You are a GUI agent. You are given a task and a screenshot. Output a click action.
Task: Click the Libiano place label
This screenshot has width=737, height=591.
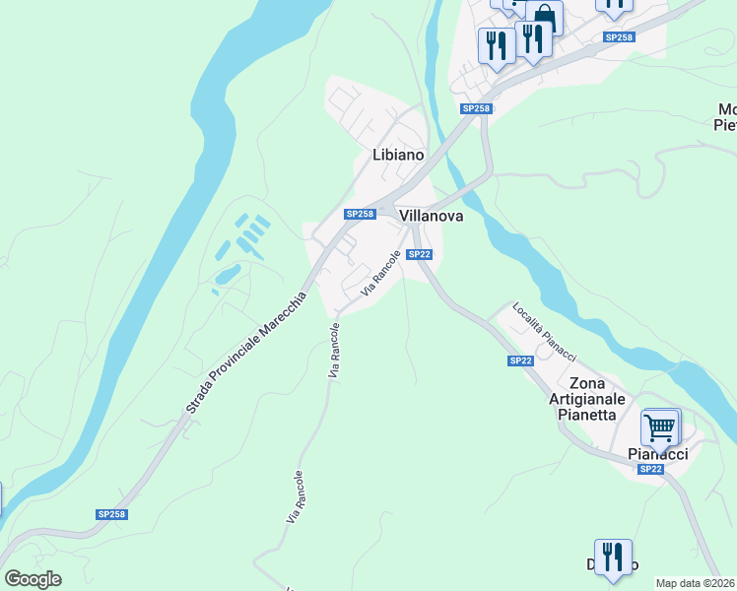tap(398, 155)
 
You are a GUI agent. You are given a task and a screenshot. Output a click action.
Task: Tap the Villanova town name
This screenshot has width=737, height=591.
tap(431, 216)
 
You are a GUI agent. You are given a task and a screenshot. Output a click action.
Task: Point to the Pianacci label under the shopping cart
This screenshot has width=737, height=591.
tap(658, 453)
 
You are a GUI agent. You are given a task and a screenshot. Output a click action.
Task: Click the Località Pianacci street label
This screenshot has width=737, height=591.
tap(544, 331)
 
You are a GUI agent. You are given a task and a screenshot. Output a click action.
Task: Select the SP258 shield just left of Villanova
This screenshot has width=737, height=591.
tap(360, 214)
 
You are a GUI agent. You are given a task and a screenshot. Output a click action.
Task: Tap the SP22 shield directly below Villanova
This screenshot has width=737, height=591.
tap(419, 254)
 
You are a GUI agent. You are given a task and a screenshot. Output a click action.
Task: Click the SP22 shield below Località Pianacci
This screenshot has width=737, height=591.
tap(521, 361)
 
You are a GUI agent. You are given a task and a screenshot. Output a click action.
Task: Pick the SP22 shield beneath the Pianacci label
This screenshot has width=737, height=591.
tap(650, 469)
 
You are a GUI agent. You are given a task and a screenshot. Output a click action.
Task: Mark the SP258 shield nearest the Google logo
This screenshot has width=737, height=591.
tap(111, 514)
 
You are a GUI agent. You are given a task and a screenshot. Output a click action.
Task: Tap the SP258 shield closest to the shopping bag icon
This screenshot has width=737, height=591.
tap(619, 36)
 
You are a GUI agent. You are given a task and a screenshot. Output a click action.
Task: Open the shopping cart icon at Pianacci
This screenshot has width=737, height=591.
tap(660, 428)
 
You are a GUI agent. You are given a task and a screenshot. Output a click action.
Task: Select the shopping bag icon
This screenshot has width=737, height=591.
tap(543, 17)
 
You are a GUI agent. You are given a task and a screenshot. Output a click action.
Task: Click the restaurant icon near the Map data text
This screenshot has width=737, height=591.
tap(613, 558)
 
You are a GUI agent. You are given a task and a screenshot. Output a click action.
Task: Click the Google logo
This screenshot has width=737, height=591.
tap(33, 579)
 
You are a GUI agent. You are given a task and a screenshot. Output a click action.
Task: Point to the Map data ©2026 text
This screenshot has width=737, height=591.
tap(696, 583)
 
